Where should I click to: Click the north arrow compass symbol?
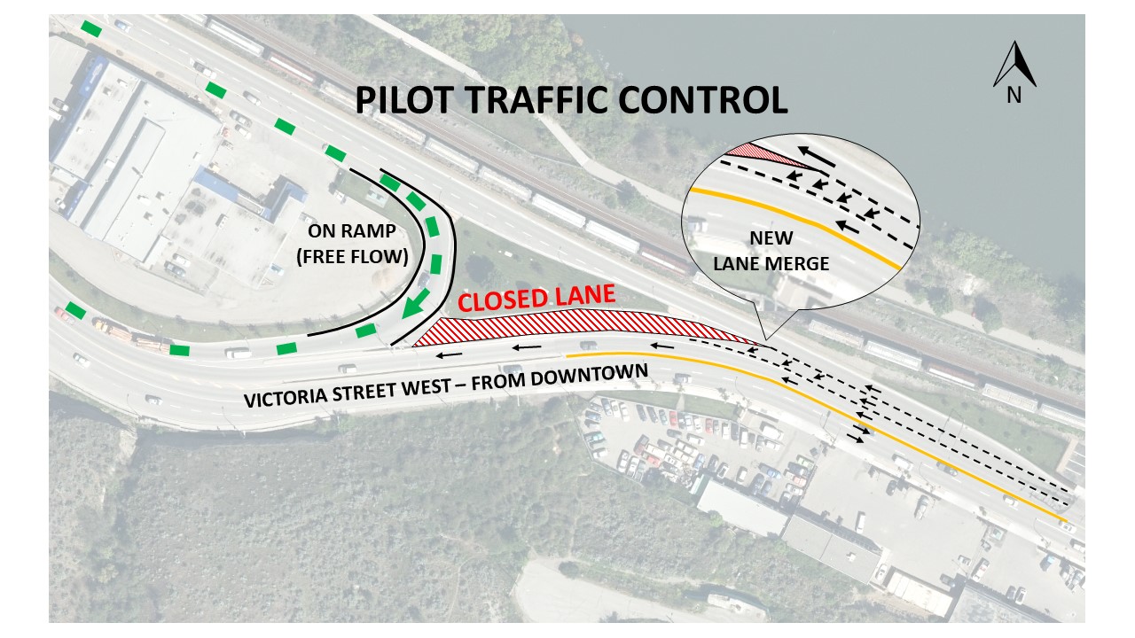point(1015,66)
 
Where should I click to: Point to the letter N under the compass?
point(1014,96)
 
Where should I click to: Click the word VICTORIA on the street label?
point(290,396)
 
